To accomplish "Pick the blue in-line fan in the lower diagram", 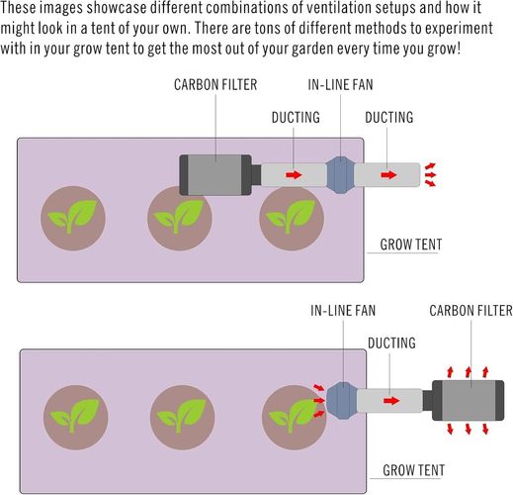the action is tap(342, 401).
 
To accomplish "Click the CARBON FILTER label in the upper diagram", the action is tap(215, 85).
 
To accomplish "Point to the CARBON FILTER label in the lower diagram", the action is tap(470, 311).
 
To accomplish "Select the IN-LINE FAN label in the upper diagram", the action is tap(340, 85).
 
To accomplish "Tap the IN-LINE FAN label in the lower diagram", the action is tap(343, 311).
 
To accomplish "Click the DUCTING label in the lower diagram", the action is tap(391, 344).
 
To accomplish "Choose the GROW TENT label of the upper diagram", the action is tap(411, 245).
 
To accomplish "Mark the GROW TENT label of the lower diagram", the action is tap(413, 470).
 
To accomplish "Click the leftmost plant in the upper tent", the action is tap(73, 218).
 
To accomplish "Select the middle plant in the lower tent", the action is tap(182, 418).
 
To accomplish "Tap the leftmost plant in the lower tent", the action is tap(76, 418).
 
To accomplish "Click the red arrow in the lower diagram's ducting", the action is tap(391, 401).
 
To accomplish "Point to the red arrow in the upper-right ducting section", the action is tap(388, 174).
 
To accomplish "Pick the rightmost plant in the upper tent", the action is tap(292, 218).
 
